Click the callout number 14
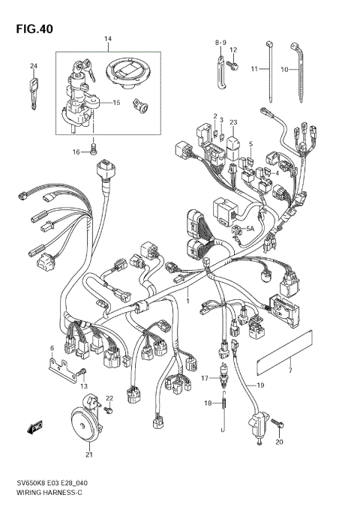(107, 39)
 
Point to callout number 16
(76, 151)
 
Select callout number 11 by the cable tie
(254, 69)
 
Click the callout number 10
(284, 69)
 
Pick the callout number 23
(233, 121)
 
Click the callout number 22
(109, 398)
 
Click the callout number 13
(84, 385)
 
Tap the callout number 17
(203, 378)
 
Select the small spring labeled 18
(223, 406)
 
